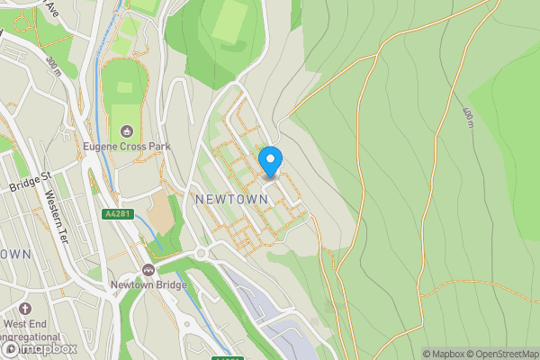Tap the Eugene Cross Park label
click(128, 147)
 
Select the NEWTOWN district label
click(229, 197)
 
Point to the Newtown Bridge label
click(148, 285)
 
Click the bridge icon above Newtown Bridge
click(148, 270)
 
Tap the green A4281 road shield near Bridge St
click(117, 214)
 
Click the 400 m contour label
click(468, 117)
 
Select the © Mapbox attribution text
click(447, 354)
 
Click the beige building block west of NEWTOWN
click(160, 213)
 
